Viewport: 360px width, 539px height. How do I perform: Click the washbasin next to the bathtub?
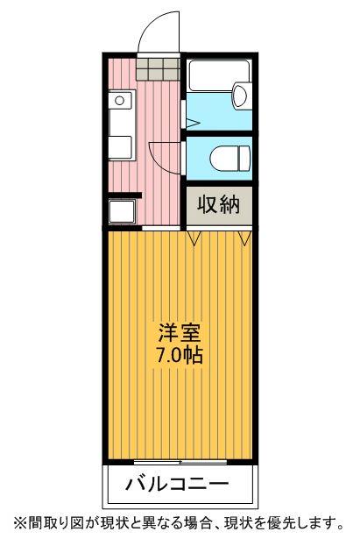(x=239, y=97)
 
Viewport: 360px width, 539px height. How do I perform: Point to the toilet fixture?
(x=228, y=158)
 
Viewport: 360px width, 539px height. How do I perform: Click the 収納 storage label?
(x=218, y=205)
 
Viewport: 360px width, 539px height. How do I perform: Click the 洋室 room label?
(x=180, y=334)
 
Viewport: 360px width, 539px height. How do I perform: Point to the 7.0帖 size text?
(x=180, y=356)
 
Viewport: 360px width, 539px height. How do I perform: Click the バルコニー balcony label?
(x=179, y=483)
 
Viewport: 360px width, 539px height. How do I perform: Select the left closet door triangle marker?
(x=195, y=236)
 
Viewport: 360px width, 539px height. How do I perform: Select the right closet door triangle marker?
(x=245, y=236)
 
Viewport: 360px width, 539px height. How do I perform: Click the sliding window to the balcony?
(x=180, y=460)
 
